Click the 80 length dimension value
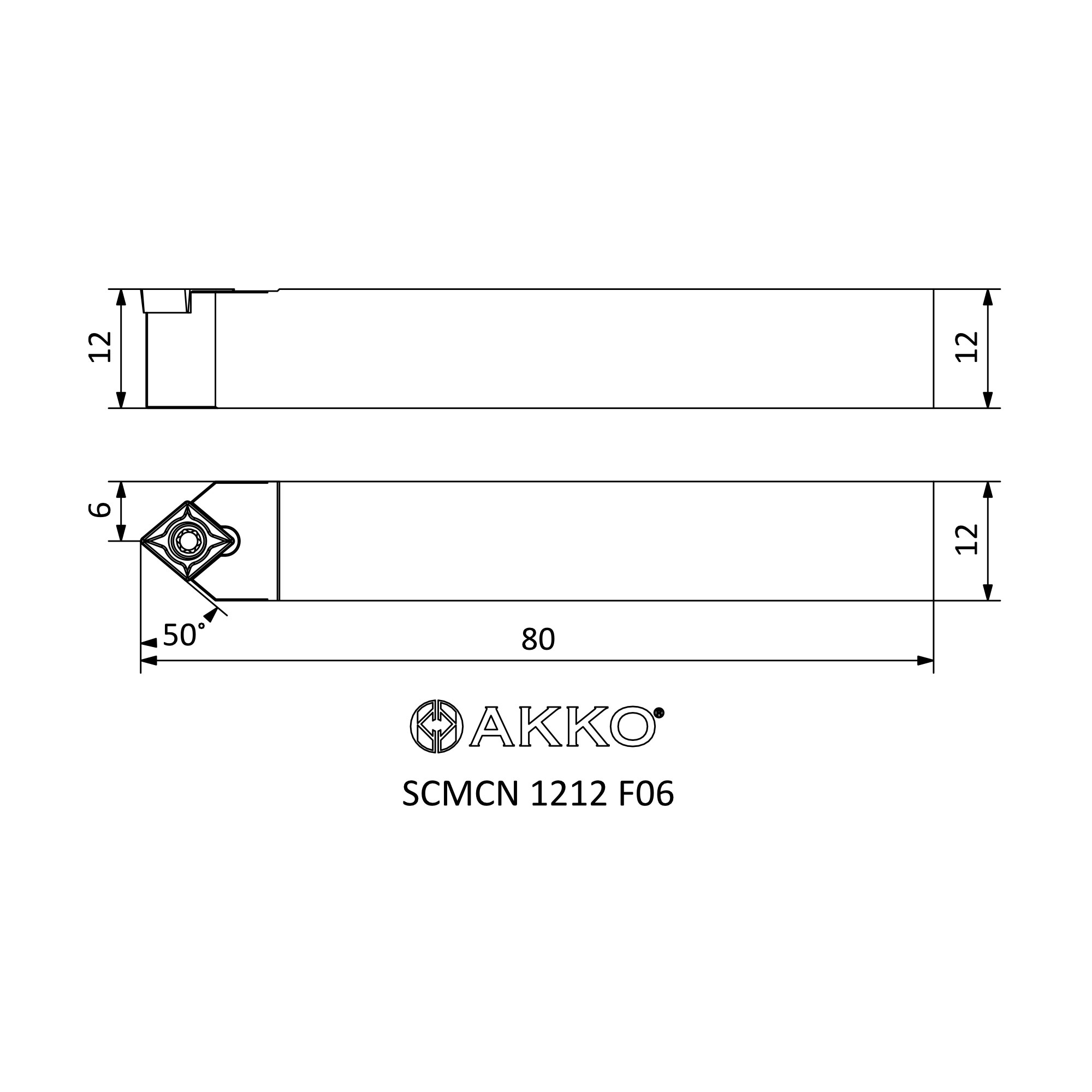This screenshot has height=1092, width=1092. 538,639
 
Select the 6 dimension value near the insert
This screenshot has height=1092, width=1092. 99,509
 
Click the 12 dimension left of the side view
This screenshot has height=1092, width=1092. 100,347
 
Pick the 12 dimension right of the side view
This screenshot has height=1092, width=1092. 966,347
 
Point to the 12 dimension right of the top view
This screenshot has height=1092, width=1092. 966,540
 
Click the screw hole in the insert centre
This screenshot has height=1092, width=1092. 187,542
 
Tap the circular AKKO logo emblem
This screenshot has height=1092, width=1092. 436,726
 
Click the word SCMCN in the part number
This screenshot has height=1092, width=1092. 460,794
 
